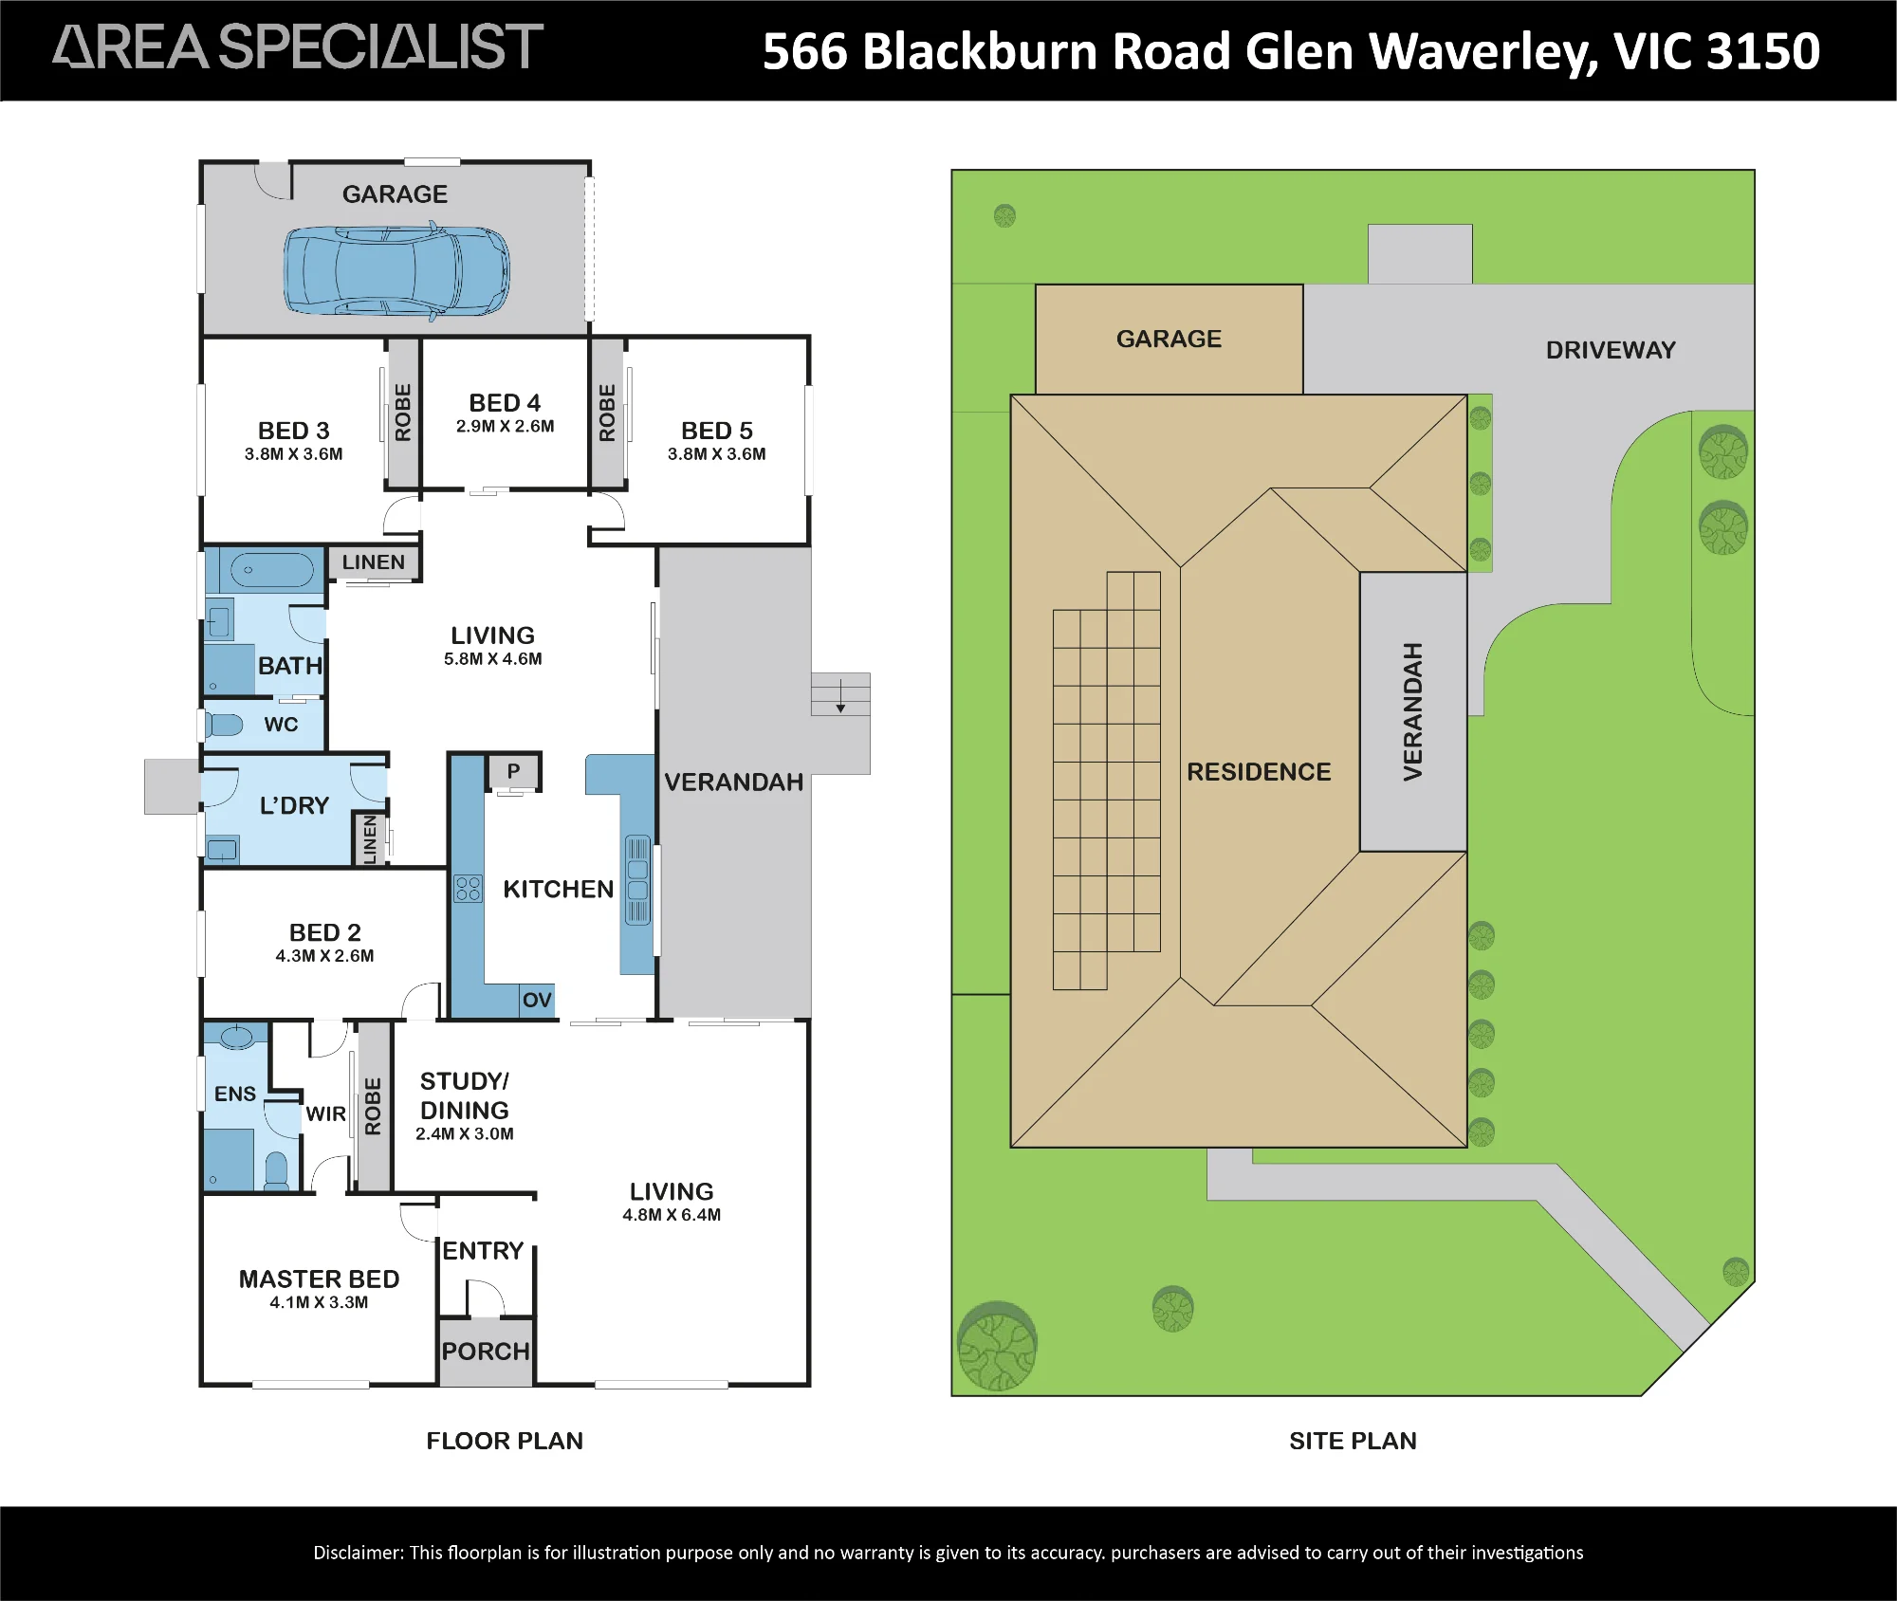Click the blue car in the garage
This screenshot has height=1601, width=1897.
pos(396,271)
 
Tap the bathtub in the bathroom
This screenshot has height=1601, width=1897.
pos(271,570)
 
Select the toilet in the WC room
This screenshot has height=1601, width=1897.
pos(224,726)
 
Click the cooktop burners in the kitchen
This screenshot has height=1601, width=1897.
pos(468,889)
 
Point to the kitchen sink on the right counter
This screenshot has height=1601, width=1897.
pos(637,880)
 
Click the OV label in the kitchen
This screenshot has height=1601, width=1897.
pos(537,1000)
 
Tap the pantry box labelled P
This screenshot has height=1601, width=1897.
pos(514,771)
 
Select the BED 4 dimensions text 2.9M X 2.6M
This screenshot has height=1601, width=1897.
pos(505,427)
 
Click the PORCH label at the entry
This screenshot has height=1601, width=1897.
pos(486,1352)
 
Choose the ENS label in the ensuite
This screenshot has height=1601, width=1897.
pos(235,1094)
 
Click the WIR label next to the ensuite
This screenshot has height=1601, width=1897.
pos(325,1114)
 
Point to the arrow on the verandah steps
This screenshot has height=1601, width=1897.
pos(840,695)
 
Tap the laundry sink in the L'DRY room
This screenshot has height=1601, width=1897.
pos(222,850)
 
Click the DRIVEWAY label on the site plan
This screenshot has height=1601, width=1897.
pos(1611,350)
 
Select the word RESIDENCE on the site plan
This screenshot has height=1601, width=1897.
pos(1259,772)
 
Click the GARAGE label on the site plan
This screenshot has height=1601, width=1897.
pos(1169,339)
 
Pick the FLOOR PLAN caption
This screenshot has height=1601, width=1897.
pos(505,1441)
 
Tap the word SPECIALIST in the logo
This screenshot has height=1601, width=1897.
pos(381,47)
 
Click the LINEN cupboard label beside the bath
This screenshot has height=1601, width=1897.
pos(374,562)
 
